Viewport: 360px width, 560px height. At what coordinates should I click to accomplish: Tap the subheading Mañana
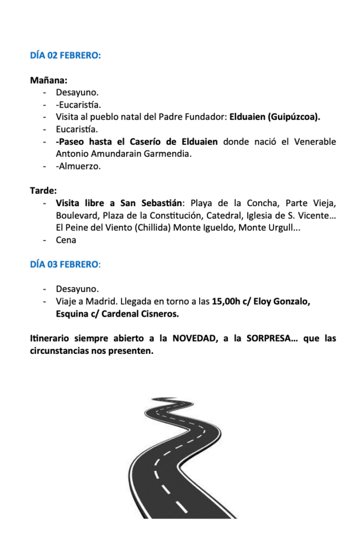pos(49,80)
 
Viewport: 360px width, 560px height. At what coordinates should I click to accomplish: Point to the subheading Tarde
pos(43,191)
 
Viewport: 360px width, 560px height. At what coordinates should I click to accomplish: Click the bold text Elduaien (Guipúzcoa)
pos(275,117)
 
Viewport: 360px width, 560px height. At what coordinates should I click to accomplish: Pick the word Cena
pos(66,240)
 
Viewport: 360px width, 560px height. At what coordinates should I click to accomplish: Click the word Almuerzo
pos(80,166)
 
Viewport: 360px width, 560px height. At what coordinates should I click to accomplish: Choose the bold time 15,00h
pos(227,301)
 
